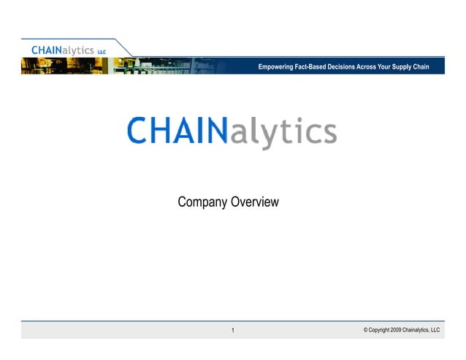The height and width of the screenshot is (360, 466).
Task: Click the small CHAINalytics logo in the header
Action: (63, 50)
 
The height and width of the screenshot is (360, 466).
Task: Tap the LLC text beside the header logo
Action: (102, 52)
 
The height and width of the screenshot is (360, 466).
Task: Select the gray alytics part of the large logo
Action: (283, 133)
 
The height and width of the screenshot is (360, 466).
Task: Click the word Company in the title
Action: (202, 202)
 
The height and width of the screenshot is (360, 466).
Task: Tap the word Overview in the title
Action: (254, 202)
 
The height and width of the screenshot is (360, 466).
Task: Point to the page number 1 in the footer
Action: (232, 331)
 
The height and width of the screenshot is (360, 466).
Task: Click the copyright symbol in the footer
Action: (365, 330)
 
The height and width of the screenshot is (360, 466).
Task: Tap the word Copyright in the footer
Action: (379, 330)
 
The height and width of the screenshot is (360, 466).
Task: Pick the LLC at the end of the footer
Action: (435, 330)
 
